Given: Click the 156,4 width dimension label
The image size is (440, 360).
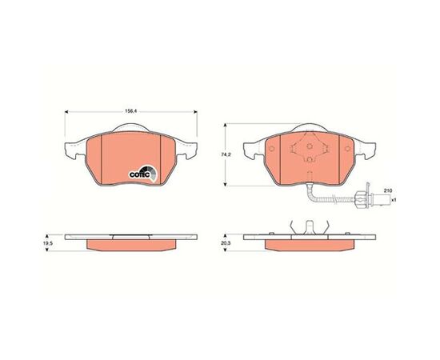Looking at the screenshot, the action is (130, 111).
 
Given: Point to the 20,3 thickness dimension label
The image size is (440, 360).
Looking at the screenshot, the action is (226, 243).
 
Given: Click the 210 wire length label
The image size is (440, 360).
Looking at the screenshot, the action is (388, 190).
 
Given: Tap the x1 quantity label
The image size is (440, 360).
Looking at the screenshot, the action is (394, 200).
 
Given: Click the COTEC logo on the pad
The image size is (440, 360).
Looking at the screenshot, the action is (143, 174).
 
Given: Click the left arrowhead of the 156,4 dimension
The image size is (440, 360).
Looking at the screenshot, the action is (66, 112).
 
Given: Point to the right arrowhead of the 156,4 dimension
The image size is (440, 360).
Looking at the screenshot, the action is (195, 112).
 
